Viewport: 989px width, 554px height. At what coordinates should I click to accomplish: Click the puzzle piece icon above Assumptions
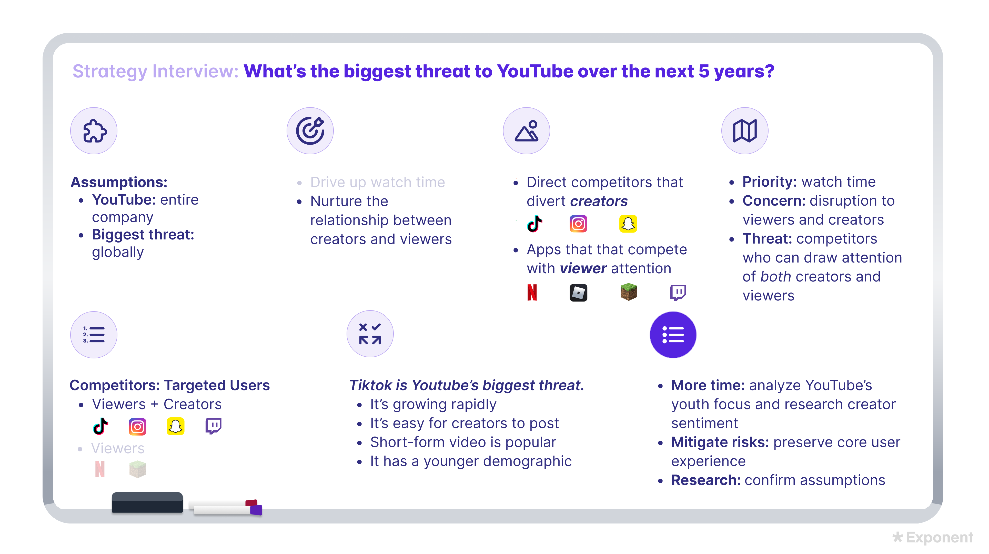click(x=94, y=131)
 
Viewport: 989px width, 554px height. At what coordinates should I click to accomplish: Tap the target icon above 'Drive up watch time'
click(x=310, y=131)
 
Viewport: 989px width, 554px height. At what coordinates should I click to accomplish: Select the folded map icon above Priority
click(x=745, y=131)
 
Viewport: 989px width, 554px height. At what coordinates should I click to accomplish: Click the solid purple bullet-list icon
click(x=673, y=335)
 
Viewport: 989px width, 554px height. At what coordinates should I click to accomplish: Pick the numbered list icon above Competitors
click(x=94, y=335)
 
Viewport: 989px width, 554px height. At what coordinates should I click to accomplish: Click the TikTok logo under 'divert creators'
click(x=534, y=224)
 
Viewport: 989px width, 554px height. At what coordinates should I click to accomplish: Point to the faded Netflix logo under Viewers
click(x=100, y=469)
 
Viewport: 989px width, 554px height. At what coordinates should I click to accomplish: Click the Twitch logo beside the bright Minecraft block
click(x=678, y=293)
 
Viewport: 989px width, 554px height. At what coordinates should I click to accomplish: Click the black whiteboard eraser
click(x=147, y=502)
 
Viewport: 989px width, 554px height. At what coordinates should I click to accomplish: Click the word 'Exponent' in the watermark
click(x=940, y=538)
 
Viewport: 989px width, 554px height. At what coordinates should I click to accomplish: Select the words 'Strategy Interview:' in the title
click(x=156, y=72)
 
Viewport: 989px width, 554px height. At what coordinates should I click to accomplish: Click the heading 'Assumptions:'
click(x=119, y=182)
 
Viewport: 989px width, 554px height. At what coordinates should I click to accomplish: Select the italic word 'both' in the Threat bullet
click(x=775, y=276)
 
